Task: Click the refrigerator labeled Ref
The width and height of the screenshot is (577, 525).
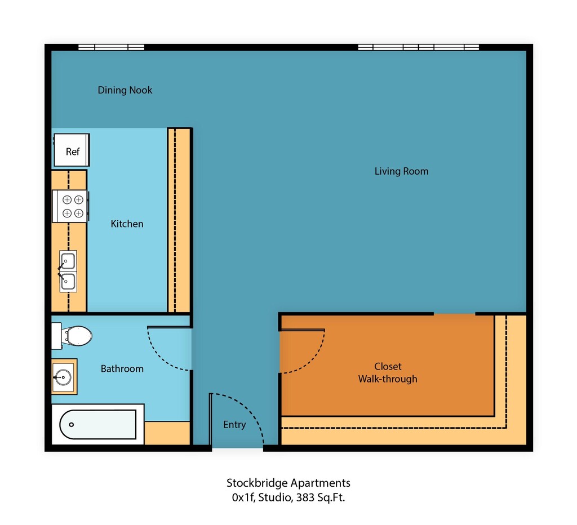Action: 72,150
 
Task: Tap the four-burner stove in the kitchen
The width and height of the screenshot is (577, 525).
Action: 70,206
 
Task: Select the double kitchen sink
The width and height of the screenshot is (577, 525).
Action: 68,271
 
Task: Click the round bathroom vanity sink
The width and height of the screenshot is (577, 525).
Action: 63,377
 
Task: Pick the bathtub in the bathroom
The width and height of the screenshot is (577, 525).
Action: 98,424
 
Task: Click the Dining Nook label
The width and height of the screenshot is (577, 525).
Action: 125,90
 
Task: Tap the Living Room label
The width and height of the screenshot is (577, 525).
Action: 401,171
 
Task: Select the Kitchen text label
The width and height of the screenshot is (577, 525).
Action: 127,224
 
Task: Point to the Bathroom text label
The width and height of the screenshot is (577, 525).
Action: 122,368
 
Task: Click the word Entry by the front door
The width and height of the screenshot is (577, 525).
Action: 234,425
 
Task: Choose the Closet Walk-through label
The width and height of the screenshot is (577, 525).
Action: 388,372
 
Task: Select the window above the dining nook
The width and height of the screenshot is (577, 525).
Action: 111,47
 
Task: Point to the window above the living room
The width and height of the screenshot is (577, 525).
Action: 419,47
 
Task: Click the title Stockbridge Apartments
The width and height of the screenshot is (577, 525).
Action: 288,483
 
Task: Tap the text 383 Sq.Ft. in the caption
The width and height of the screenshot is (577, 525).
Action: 321,497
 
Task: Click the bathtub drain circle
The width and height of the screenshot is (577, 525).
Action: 72,425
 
